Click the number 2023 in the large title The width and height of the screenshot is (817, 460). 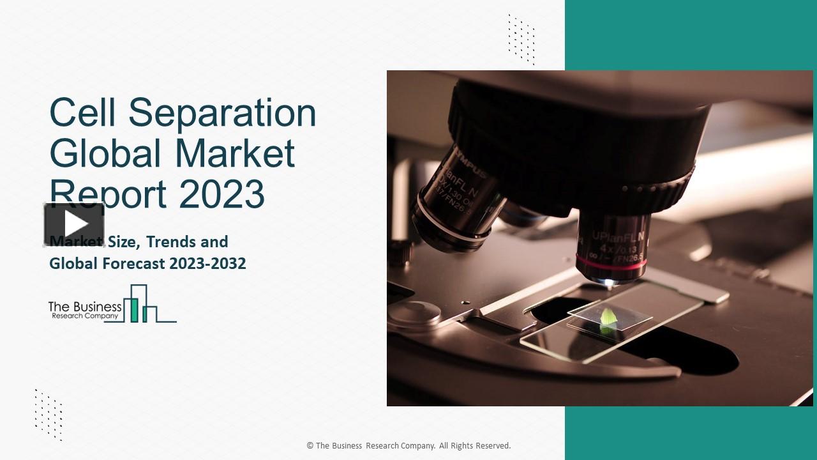(x=221, y=194)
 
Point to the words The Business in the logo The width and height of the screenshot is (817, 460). (x=85, y=307)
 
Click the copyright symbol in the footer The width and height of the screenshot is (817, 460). (x=310, y=446)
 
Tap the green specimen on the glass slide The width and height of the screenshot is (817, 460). (x=608, y=316)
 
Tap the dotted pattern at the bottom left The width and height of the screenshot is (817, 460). (x=49, y=414)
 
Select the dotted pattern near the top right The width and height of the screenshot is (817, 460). (x=521, y=39)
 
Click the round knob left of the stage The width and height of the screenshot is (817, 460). (x=414, y=312)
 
